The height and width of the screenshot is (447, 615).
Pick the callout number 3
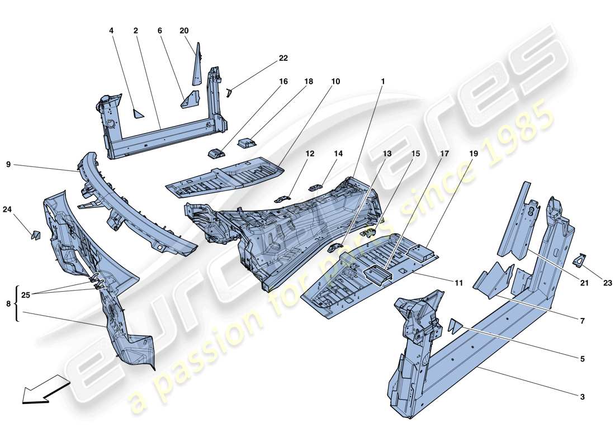[582, 397]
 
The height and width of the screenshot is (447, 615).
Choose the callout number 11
[458, 283]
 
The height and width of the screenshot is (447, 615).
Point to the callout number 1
[382, 81]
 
